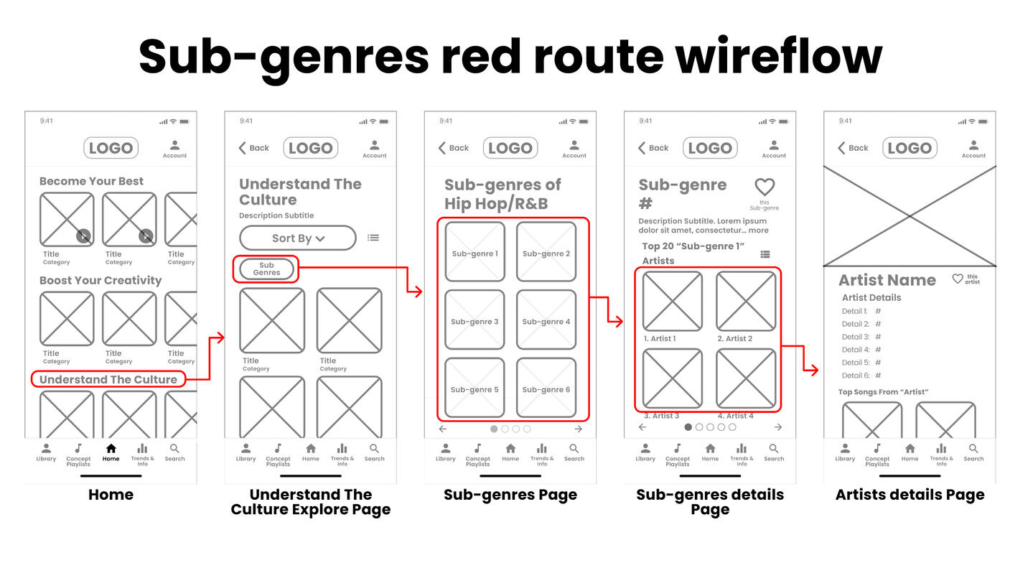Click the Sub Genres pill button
pos(266,269)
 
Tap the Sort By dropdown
pos(297,238)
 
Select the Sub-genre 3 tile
pos(475,321)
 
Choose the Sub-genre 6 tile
pos(546,389)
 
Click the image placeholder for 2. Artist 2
pos(746,302)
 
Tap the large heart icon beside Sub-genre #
pos(765,187)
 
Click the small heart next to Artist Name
pos(957,279)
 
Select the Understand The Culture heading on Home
pos(108,379)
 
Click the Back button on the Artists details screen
pos(853,148)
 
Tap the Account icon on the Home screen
pos(174,148)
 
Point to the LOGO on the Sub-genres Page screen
pos(510,148)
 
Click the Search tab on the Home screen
pos(174,452)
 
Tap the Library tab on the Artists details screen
pos(845,452)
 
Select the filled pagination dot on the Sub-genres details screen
pos(688,427)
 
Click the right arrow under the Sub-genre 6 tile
pos(579,429)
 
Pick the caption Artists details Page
pos(910,495)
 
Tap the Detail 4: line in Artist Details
pos(861,350)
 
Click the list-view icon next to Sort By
pos(373,238)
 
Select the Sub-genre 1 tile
pos(475,253)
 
